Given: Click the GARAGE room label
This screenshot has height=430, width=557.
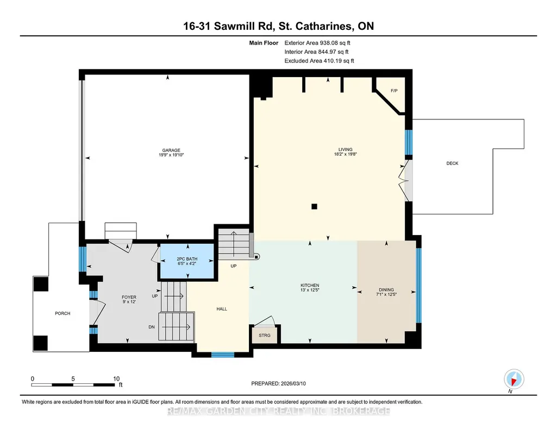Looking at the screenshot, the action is pyautogui.click(x=171, y=150).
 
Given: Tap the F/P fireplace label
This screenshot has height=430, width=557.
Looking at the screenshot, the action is pyautogui.click(x=394, y=91).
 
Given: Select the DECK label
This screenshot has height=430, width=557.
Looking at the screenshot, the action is pyautogui.click(x=452, y=163).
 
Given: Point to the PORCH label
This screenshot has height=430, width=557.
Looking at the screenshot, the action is pyautogui.click(x=62, y=313).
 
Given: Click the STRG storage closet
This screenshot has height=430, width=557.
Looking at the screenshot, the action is pyautogui.click(x=265, y=336).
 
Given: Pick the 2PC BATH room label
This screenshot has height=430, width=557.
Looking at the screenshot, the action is pyautogui.click(x=187, y=259).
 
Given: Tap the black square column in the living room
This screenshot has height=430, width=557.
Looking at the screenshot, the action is pyautogui.click(x=314, y=206).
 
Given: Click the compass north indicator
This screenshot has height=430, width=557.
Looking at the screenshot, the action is pyautogui.click(x=514, y=380).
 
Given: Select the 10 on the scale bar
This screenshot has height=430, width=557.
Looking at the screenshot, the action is pyautogui.click(x=116, y=378).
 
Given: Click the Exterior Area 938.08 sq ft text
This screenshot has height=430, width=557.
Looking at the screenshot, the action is pyautogui.click(x=317, y=43).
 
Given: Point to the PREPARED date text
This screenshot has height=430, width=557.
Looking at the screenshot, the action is pyautogui.click(x=278, y=383).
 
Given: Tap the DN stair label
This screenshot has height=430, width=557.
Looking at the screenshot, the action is pyautogui.click(x=152, y=327).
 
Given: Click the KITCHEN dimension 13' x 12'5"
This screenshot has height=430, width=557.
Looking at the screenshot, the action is pyautogui.click(x=310, y=290).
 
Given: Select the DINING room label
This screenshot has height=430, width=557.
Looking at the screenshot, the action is pyautogui.click(x=386, y=289).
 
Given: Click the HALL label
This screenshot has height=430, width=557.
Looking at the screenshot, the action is pyautogui.click(x=222, y=309).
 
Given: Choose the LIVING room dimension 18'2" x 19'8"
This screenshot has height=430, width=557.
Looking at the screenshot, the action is pyautogui.click(x=345, y=154).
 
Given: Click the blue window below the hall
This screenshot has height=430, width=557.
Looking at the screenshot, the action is pyautogui.click(x=223, y=355).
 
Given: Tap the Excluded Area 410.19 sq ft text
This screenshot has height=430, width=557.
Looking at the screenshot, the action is pyautogui.click(x=319, y=61).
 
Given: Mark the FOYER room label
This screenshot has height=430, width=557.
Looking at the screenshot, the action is pyautogui.click(x=129, y=298).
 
